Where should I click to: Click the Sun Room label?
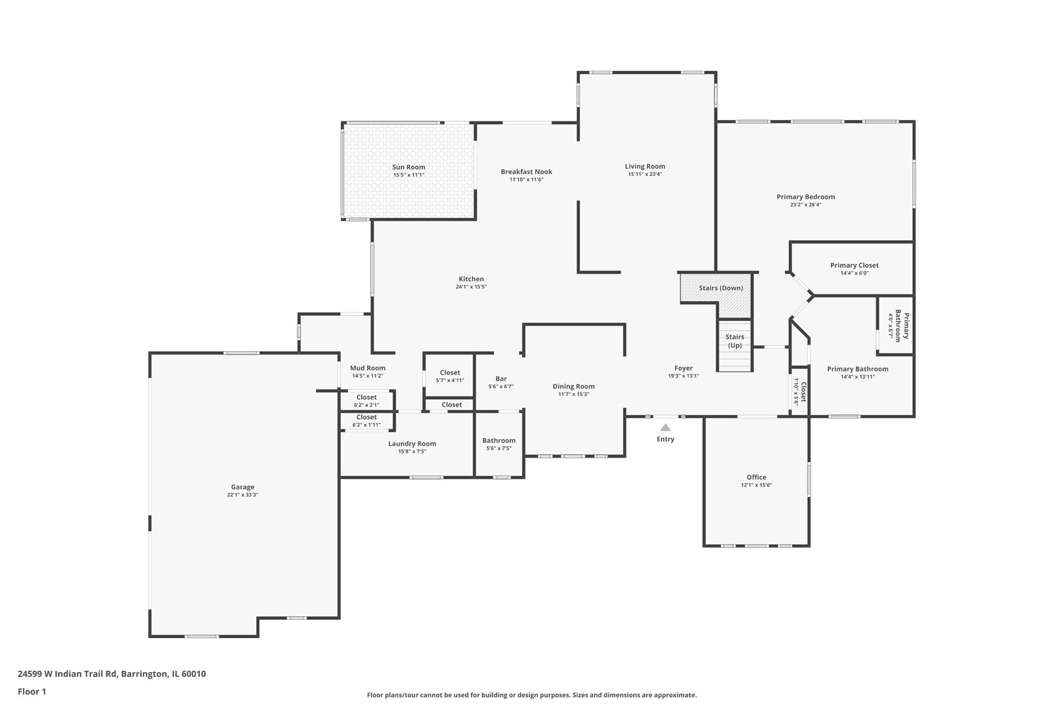coord(409,167)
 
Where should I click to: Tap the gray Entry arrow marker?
coord(665,427)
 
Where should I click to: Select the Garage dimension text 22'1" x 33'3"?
coord(242,495)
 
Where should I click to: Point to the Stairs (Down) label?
coord(721,288)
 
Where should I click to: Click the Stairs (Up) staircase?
coord(735,346)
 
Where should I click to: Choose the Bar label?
coord(501,379)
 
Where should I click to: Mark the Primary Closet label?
coord(854,265)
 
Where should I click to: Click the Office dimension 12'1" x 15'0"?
coord(756,485)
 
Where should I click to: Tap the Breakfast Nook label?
coord(526,172)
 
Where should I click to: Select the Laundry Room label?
coord(412,444)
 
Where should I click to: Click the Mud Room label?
coord(368,368)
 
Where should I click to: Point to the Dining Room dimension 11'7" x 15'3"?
coord(574,394)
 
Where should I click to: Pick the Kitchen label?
coord(471,279)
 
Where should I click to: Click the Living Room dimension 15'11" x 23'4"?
coord(645,174)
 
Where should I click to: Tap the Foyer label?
coord(684,368)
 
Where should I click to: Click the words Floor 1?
coord(32,691)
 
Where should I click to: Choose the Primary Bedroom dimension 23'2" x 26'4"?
coord(806,205)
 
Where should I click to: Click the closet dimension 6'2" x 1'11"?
coord(366,425)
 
